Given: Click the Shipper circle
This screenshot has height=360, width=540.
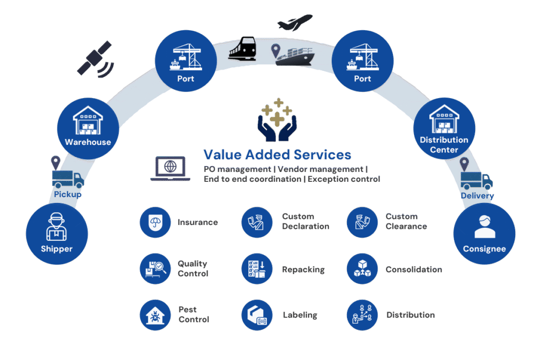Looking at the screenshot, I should [x=56, y=233].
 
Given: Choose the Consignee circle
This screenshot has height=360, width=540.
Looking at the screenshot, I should [x=484, y=233].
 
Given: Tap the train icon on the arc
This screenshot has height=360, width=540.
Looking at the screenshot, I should [x=243, y=49].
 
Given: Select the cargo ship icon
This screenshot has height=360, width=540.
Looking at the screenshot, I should [x=296, y=55].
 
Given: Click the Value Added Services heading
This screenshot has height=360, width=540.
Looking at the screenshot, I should [x=277, y=155].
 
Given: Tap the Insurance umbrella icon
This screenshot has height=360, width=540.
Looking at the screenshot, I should [x=155, y=222].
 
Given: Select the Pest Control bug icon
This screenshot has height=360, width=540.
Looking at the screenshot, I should [x=155, y=315].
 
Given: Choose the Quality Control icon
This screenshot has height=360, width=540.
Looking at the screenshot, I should [x=155, y=268].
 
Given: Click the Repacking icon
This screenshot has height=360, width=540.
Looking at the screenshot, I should [x=256, y=269].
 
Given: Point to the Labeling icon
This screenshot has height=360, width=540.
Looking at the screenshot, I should [x=256, y=315].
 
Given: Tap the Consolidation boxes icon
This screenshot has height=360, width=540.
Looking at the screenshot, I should [x=362, y=269].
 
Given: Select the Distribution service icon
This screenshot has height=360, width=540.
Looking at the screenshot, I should [x=362, y=315].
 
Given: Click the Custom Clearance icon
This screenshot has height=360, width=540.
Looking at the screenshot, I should [x=362, y=222].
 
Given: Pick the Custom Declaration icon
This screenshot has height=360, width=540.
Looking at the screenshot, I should [x=256, y=222].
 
